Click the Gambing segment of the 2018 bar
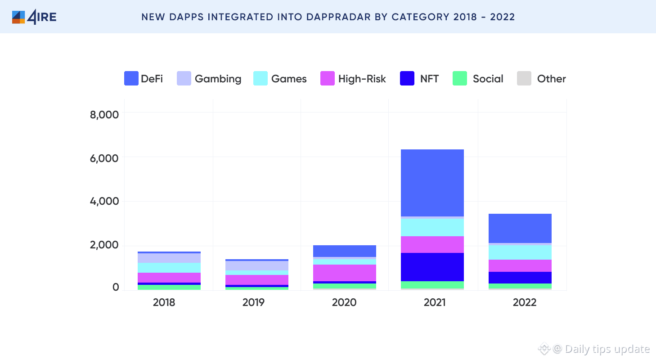tap(169, 258)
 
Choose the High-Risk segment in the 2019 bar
tap(257, 280)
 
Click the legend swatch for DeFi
tap(131, 79)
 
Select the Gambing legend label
tap(218, 79)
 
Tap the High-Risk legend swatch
tap(327, 79)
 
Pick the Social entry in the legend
tap(488, 79)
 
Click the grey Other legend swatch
tap(524, 79)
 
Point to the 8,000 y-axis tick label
tap(104, 114)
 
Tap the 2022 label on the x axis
tap(525, 302)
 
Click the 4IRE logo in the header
tap(34, 17)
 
